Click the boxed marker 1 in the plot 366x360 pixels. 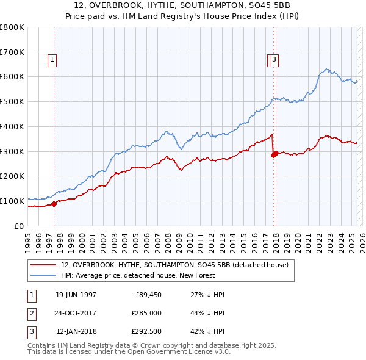[x=52, y=60]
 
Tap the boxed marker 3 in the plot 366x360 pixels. [x=275, y=60]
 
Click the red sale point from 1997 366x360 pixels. [x=54, y=204]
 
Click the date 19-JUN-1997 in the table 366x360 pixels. [x=76, y=295]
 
